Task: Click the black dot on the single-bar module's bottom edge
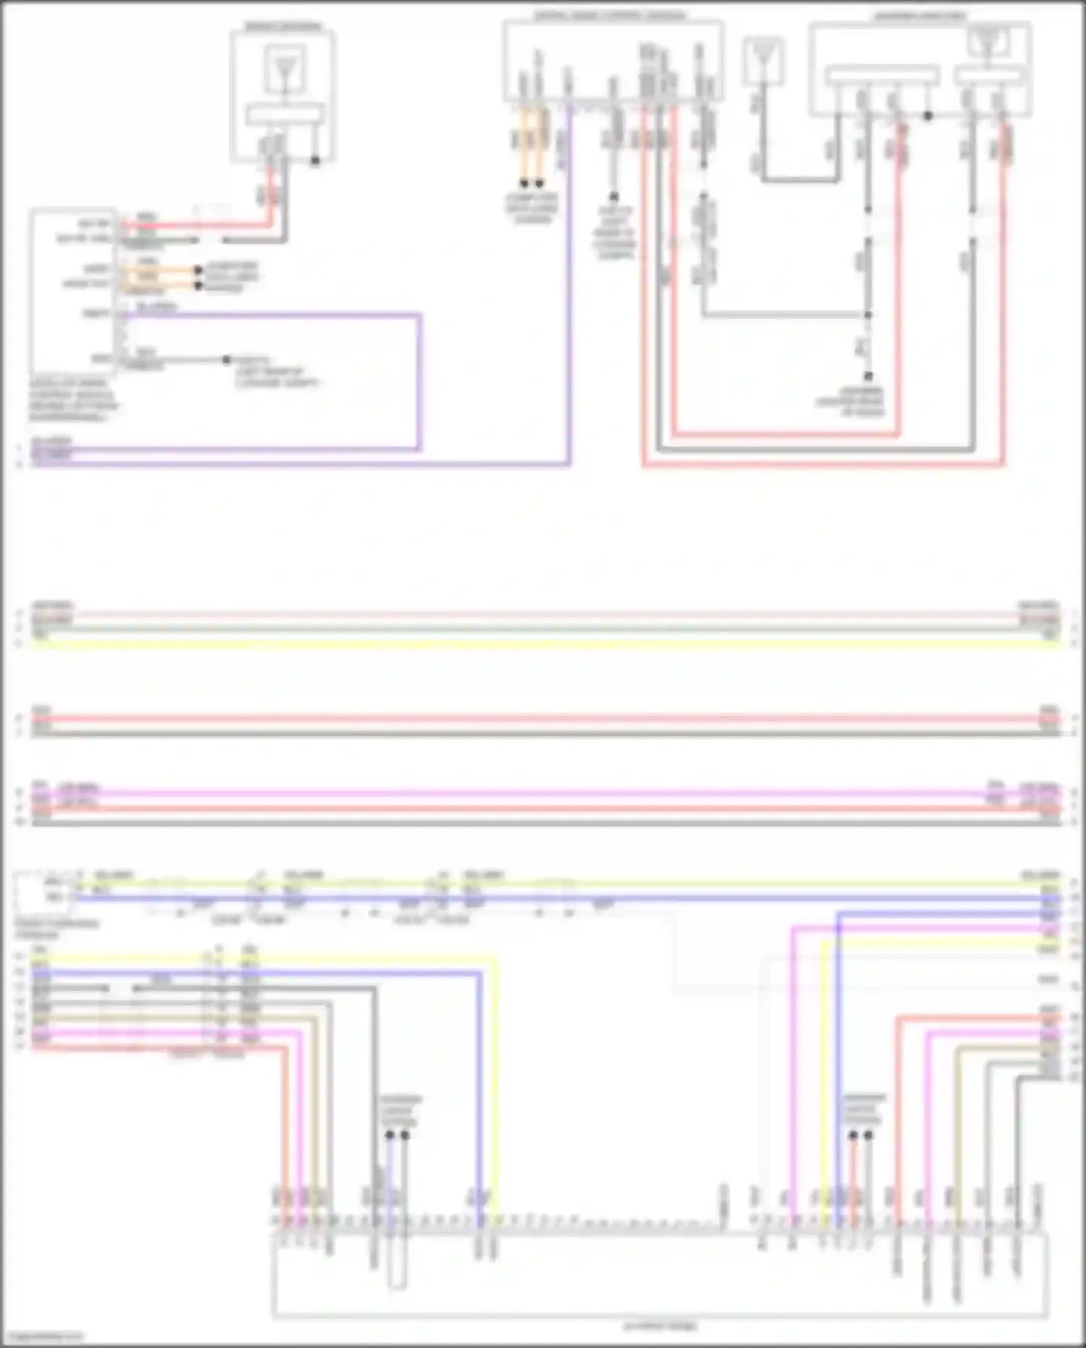[315, 160]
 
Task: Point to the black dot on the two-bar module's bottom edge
[927, 115]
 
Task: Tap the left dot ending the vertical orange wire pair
[524, 184]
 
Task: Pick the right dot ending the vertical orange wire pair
[539, 184]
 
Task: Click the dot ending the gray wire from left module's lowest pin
[227, 359]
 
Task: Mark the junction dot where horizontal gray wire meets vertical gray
[867, 315]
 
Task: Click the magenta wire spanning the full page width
[543, 793]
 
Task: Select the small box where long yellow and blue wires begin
[43, 891]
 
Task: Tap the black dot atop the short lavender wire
[390, 1134]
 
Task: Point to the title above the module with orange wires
[610, 14]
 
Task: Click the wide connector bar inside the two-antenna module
[883, 75]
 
